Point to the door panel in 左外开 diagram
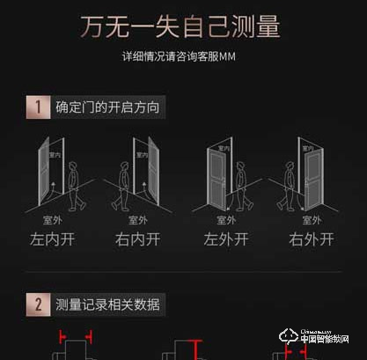coord(216,176)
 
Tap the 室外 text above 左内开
coord(52,220)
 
